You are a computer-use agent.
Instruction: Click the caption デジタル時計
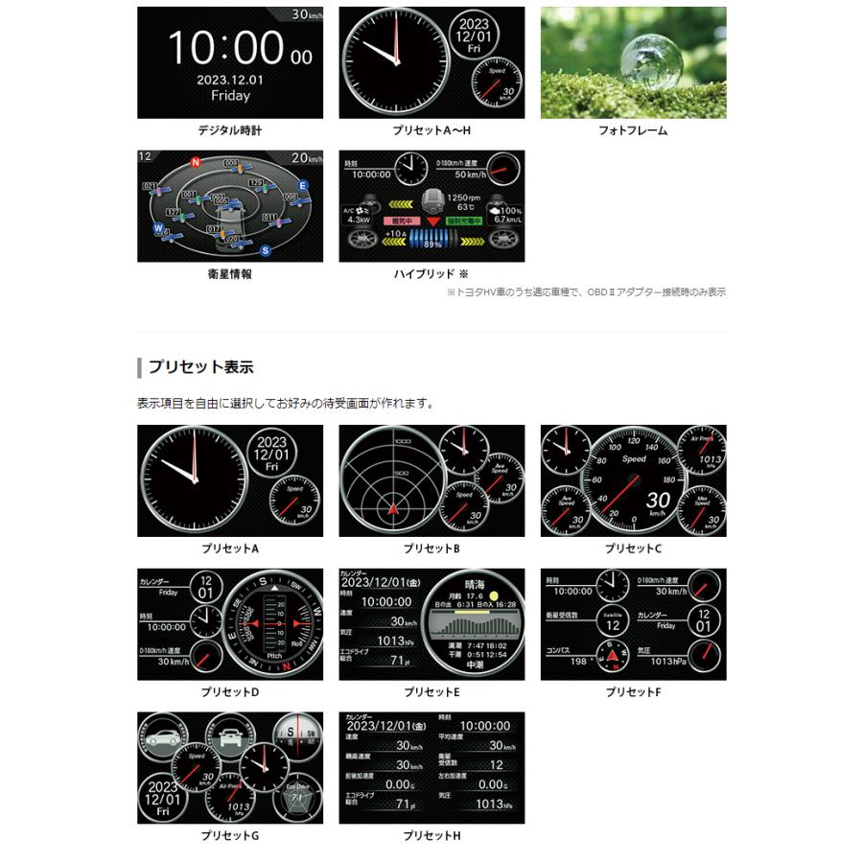tap(230, 130)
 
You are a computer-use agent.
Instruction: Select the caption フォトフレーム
tap(633, 130)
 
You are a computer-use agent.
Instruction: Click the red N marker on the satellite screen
tap(196, 162)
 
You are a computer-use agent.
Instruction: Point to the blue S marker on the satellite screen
tap(265, 251)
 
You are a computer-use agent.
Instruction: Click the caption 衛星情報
tap(230, 274)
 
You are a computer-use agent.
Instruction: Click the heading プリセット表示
tap(199, 367)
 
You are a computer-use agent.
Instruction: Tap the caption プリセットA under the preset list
tap(230, 548)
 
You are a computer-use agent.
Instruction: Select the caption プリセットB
tap(431, 548)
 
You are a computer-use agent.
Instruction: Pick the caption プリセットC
tap(633, 548)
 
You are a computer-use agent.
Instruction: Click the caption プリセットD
tap(230, 691)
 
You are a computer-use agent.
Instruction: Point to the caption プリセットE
tap(431, 691)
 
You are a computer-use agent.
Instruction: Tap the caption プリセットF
tap(633, 691)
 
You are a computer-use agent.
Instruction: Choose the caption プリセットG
tap(230, 835)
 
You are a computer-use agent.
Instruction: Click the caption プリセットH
tap(431, 835)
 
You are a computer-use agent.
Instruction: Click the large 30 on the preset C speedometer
tap(657, 500)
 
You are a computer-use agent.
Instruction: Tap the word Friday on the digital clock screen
tap(230, 96)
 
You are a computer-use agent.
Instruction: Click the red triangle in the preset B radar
tap(392, 510)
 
